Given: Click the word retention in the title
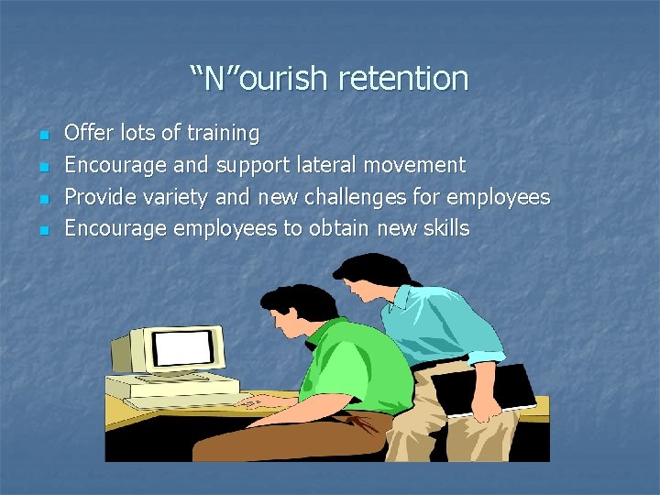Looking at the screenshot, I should (x=403, y=78).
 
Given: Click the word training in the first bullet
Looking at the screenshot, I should (x=223, y=134).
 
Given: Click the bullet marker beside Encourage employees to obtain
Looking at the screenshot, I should (x=42, y=230).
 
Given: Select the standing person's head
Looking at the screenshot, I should (x=371, y=275).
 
